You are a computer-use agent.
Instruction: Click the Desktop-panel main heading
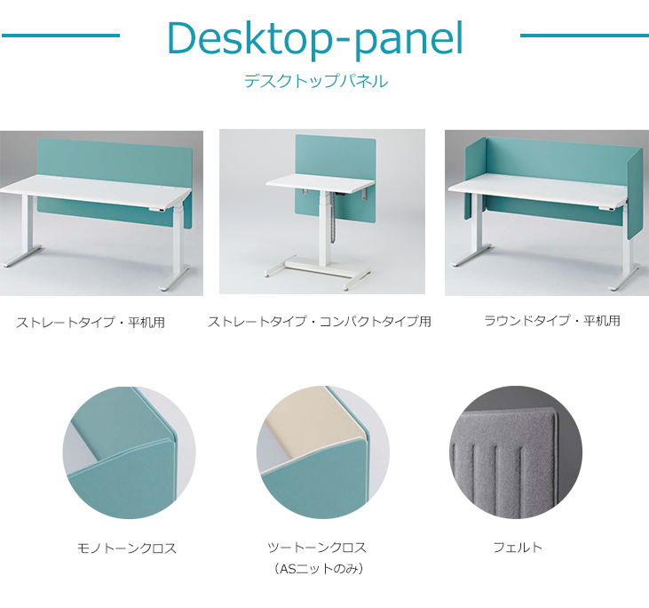pos(315,38)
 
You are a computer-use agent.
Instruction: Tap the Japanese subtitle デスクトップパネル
pos(316,81)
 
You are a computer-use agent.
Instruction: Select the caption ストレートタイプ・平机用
pos(91,322)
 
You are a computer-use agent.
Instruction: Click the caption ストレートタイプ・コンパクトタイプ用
pos(320,321)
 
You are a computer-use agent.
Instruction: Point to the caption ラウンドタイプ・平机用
pos(552,320)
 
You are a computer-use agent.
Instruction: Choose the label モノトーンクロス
pos(127,548)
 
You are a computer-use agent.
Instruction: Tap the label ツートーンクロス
pos(317,547)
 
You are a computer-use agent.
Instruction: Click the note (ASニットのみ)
pos(319,569)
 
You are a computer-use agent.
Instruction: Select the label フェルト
pos(518,547)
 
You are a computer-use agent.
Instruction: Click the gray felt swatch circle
pos(516,452)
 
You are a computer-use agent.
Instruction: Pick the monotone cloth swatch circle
pos(129,452)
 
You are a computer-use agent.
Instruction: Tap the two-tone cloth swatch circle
pos(323,452)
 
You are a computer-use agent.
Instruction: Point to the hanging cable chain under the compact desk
pos(331,224)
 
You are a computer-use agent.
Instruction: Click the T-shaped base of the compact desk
pos(318,271)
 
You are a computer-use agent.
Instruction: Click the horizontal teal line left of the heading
pos(60,36)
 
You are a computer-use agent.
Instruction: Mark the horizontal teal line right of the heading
pos(584,36)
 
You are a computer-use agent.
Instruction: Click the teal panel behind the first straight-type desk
pos(115,157)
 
